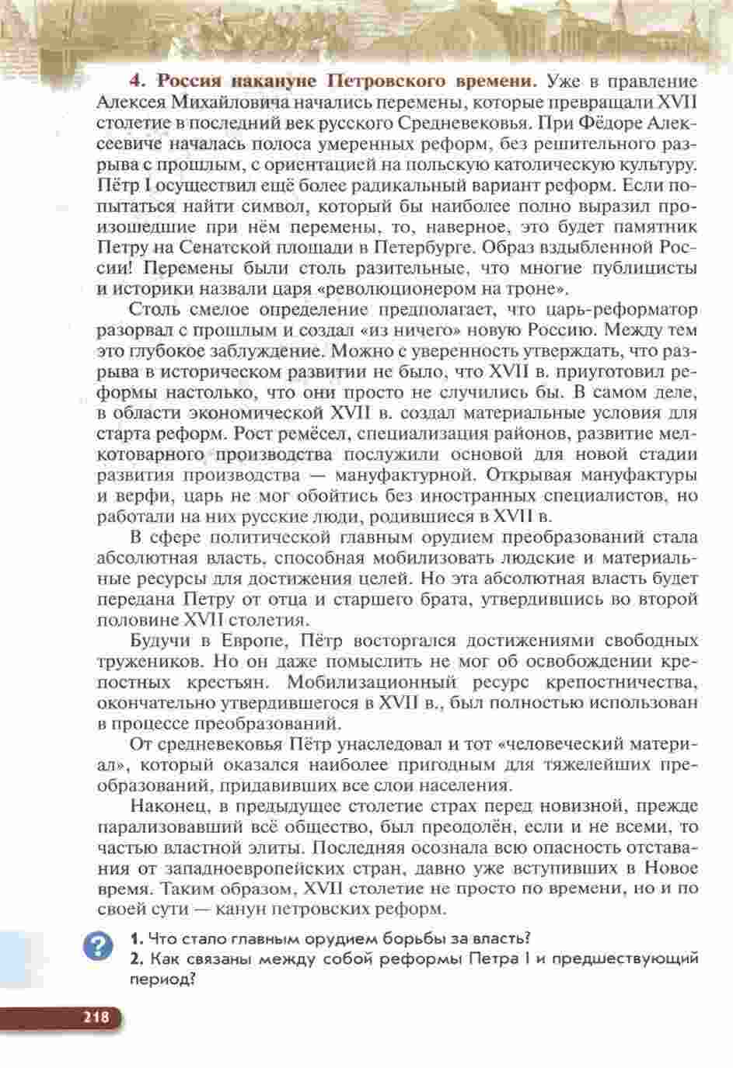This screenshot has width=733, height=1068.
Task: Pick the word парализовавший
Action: click(155, 826)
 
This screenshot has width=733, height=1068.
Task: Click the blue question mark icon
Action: click(97, 948)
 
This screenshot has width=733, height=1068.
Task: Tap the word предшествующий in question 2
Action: click(623, 958)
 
